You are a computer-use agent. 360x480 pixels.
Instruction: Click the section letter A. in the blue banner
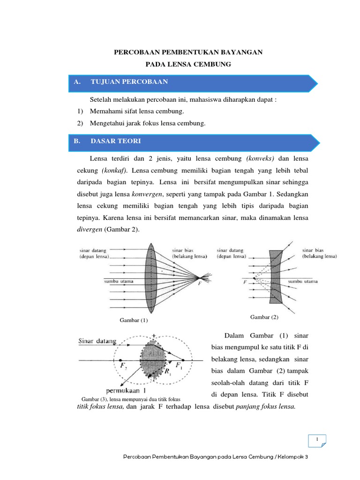[77, 82]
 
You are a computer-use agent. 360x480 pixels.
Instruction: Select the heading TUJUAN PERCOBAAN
[129, 82]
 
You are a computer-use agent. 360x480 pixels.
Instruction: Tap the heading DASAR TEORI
[116, 141]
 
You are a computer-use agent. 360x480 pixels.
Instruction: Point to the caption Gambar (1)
[134, 320]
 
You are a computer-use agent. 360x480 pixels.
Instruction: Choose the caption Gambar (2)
[264, 317]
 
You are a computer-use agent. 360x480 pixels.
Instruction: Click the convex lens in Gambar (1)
[150, 278]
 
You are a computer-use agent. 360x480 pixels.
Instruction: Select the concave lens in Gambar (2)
[276, 277]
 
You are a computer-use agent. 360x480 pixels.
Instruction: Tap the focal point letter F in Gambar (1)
[200, 284]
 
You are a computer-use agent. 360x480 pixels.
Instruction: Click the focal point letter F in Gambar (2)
[245, 282]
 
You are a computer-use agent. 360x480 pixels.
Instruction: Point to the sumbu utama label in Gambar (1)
[119, 281]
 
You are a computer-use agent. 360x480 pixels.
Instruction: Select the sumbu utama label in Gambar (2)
[303, 281]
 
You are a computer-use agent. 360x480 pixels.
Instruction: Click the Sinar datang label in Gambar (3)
[97, 341]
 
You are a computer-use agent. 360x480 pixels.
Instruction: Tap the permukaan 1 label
[126, 390]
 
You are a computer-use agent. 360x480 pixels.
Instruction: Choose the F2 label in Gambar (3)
[124, 366]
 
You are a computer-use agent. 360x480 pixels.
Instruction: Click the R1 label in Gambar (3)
[168, 372]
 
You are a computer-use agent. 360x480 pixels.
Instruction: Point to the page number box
[317, 441]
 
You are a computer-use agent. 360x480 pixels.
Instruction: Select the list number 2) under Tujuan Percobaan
[80, 123]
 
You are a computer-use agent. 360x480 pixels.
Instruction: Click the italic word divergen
[90, 229]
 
